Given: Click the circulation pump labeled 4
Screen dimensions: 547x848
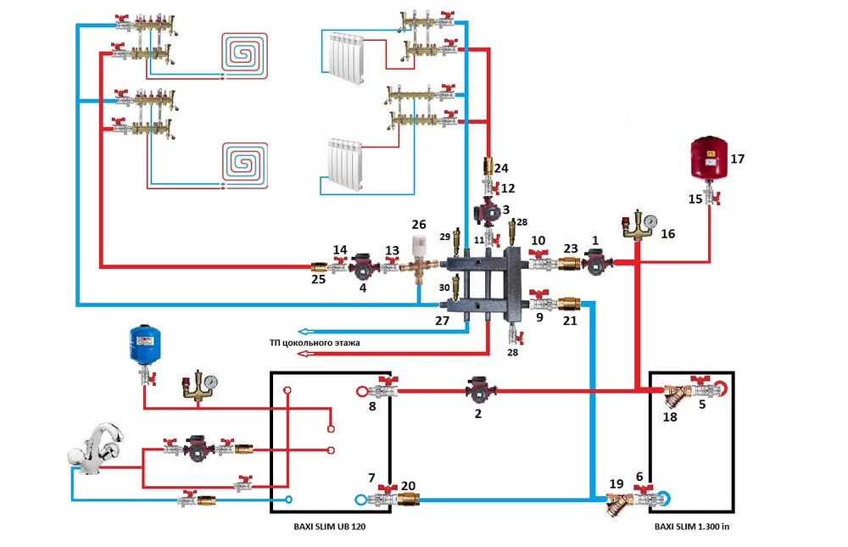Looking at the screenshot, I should click(363, 268).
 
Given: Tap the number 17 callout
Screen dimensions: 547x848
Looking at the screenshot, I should click(737, 158).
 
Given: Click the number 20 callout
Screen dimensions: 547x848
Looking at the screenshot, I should click(408, 486).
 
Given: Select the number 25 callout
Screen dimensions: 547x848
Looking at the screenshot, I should click(318, 278).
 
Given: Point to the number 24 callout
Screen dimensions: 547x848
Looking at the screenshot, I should click(501, 167).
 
